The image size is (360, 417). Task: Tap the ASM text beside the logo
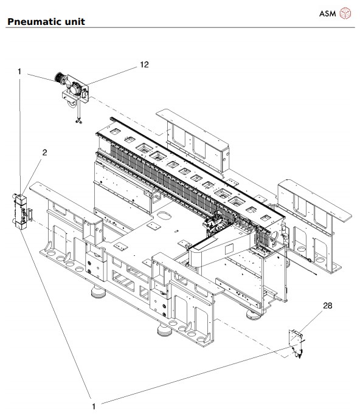coord(328,13)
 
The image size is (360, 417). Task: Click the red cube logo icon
coord(345,13)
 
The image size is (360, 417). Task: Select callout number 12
coord(144,64)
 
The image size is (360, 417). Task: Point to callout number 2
coord(45,153)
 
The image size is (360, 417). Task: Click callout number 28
coord(328,306)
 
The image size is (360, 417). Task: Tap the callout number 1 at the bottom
coord(94,407)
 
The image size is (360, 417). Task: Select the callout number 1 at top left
coord(19,72)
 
